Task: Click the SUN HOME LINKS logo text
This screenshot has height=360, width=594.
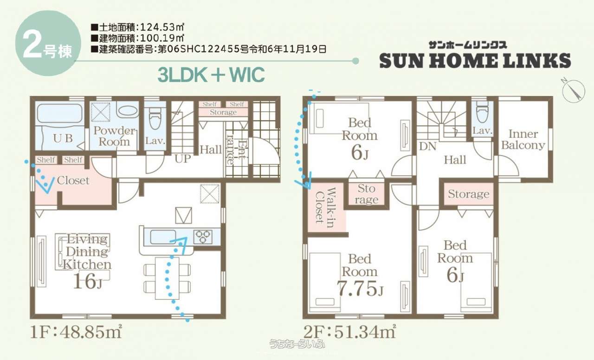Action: point(475,61)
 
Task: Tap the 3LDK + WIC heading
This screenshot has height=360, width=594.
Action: point(211,75)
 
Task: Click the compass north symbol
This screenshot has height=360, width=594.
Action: point(573,90)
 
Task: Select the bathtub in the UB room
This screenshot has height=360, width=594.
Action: point(60,113)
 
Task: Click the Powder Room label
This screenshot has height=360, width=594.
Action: point(114,136)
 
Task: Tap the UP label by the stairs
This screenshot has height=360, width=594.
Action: point(183,159)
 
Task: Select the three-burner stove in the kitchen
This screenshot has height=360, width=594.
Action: point(203,237)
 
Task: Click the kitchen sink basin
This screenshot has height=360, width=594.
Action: point(163,237)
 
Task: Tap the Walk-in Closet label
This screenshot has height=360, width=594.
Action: point(326,207)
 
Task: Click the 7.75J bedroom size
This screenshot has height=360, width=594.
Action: point(360,288)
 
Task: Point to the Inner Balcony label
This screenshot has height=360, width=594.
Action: point(523,140)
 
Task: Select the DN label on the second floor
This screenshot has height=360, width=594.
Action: point(427,146)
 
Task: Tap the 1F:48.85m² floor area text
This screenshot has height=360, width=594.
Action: point(76,331)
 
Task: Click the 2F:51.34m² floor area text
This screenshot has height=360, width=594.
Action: point(350,331)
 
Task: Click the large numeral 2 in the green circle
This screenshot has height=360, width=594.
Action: point(32,45)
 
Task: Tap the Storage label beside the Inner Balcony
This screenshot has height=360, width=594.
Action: point(469,194)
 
